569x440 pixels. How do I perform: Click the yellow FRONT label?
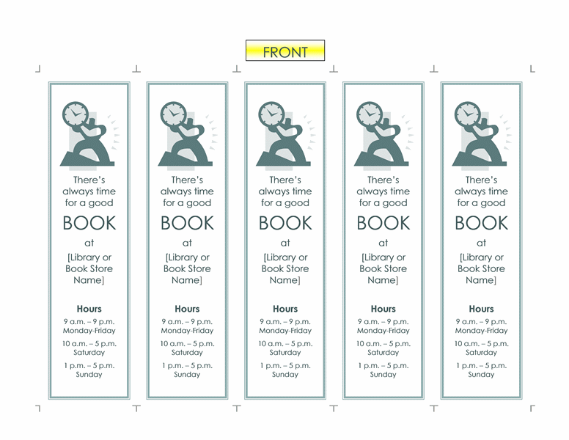point(285,51)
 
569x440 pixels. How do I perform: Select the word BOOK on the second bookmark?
point(187,223)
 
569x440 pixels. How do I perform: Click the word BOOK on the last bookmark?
point(481,223)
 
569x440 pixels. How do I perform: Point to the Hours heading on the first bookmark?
point(89,309)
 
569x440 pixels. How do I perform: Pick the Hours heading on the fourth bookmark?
point(383,309)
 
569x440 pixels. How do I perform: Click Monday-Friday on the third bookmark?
point(285,331)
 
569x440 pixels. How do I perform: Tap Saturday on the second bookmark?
point(187,353)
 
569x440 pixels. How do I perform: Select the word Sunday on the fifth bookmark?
point(481,375)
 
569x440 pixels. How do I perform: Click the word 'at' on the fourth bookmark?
point(383,243)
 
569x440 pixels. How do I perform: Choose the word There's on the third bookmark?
point(285,180)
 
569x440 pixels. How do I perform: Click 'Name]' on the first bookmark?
point(89,280)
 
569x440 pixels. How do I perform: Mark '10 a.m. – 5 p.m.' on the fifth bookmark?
point(481,344)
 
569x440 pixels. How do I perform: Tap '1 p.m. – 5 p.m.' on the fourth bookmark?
point(383,366)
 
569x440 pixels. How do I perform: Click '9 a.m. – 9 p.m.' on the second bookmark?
point(187,322)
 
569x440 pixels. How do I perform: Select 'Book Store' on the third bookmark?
point(285,268)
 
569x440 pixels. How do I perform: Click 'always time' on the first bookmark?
point(89,191)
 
